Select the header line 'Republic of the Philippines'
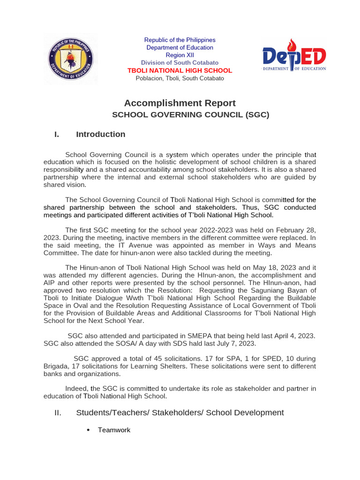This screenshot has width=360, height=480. point(180,40)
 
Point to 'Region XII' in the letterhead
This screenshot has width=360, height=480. point(180,55)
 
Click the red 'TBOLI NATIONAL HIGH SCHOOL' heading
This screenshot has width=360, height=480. point(180,70)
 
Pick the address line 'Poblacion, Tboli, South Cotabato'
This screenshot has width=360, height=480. point(180,78)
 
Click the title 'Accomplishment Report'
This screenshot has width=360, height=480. point(180,103)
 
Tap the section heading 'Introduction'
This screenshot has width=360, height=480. point(100,135)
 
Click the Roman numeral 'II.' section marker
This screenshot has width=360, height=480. point(58,412)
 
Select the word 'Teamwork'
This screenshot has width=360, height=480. point(114,430)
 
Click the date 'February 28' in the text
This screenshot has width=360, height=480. point(294,230)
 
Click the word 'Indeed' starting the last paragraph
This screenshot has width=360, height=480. point(76,389)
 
